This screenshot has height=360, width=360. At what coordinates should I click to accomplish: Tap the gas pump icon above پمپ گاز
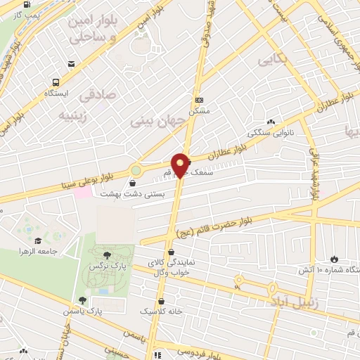pos(27,2)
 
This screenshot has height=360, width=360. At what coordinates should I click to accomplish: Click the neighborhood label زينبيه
pos(72,114)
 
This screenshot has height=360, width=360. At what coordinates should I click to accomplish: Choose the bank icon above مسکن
pos(199,100)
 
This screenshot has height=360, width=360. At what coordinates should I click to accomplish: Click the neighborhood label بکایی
pos(274,61)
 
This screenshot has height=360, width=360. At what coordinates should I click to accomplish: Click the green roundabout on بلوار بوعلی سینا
pos(135,170)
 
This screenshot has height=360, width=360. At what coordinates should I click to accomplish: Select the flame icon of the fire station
pos(333,259)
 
